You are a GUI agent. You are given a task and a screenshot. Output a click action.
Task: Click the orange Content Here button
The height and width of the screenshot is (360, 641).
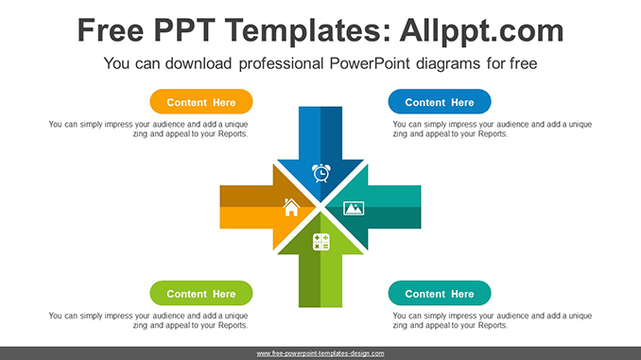201,102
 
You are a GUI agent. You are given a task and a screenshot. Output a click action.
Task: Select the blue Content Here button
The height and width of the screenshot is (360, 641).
440,102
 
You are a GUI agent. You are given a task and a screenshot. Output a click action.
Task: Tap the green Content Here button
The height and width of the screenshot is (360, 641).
201,293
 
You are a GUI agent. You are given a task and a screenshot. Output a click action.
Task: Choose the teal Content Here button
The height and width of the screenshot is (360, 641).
440,293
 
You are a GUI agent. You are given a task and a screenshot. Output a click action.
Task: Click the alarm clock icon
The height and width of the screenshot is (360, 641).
321,173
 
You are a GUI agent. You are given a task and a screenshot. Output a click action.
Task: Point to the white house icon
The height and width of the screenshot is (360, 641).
291,207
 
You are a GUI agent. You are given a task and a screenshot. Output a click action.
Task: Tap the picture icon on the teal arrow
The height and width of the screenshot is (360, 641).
354,208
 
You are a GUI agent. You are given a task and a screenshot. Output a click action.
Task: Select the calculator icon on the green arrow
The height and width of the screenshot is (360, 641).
320,242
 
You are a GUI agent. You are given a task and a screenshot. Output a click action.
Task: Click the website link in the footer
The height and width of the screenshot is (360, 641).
320,353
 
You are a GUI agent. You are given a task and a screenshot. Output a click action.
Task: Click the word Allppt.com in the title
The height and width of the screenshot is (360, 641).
481,30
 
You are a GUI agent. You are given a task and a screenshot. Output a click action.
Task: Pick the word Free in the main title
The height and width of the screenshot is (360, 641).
111,30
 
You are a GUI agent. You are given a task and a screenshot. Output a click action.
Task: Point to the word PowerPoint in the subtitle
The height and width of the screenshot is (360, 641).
369,63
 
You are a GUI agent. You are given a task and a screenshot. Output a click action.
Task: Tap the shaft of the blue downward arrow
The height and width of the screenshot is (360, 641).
320,133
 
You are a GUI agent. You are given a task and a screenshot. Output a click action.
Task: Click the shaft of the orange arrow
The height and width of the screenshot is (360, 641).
246,207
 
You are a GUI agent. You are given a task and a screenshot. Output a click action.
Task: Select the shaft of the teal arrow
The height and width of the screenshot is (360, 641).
394,207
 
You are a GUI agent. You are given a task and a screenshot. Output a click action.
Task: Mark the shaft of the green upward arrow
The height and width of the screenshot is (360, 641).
320,281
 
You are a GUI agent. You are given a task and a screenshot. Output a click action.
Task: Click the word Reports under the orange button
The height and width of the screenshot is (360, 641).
233,134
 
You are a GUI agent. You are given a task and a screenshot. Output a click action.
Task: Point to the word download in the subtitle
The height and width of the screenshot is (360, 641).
199,63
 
